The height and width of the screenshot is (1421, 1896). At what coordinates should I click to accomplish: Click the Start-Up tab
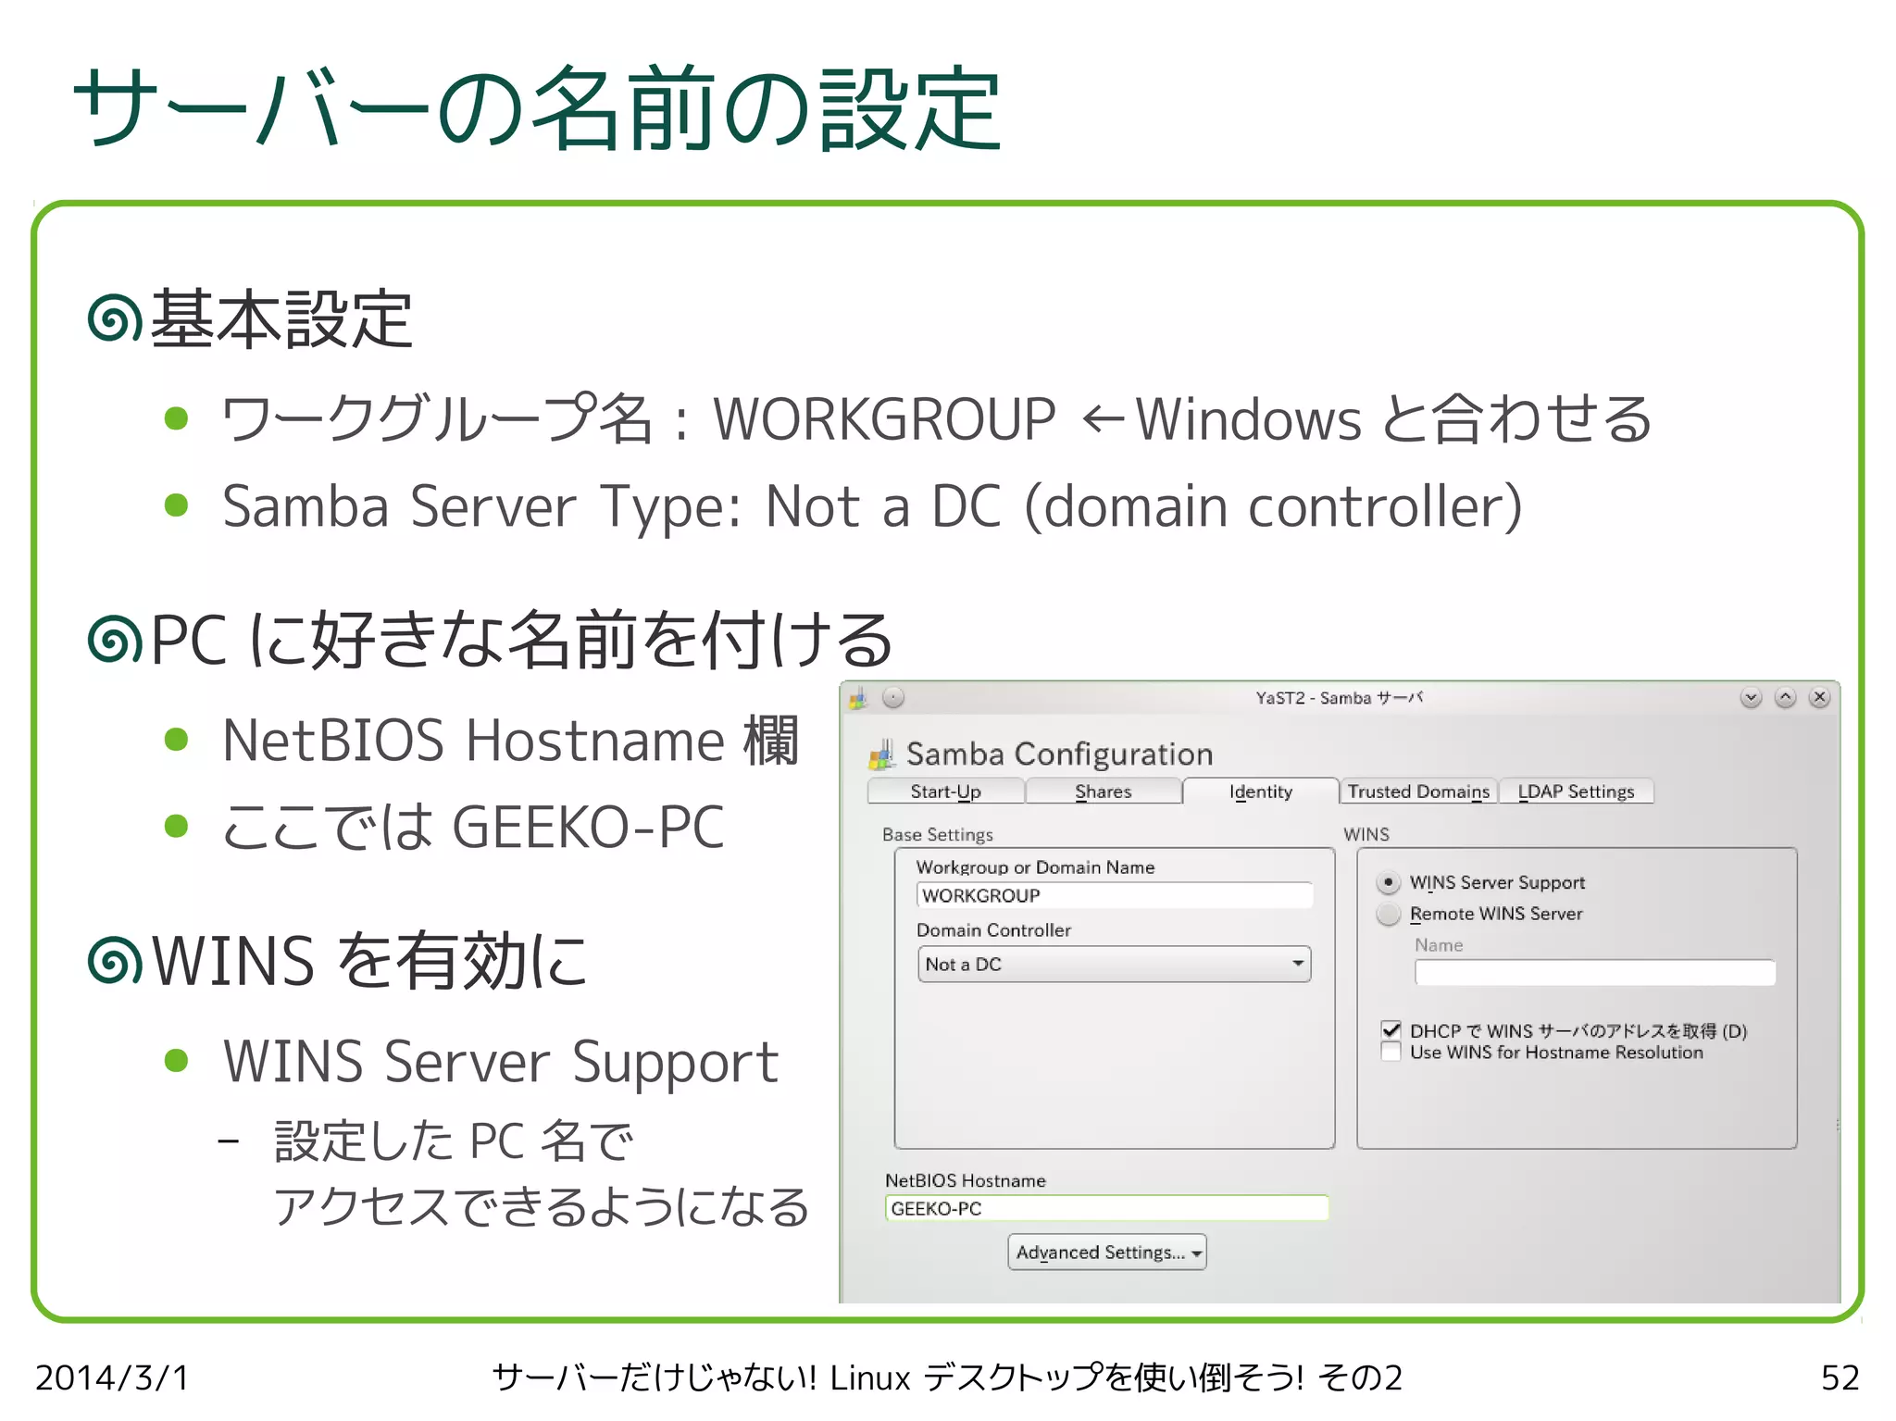[x=945, y=792]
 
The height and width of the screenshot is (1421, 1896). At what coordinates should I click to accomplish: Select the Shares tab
[x=1103, y=792]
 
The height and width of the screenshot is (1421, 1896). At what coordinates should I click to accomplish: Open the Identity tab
[x=1260, y=792]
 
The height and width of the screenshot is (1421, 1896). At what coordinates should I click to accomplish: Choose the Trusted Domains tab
[x=1418, y=792]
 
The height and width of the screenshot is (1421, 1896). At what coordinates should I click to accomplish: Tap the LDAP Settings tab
[x=1576, y=792]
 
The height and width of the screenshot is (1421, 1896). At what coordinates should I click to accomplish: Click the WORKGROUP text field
[x=1114, y=895]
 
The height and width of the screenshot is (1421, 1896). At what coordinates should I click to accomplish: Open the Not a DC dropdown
[x=1114, y=964]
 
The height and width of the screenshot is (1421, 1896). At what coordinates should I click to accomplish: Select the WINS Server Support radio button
[x=1388, y=882]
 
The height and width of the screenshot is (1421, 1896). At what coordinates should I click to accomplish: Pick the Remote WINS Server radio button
[x=1388, y=915]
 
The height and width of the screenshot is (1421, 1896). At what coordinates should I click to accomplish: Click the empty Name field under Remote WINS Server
[x=1594, y=973]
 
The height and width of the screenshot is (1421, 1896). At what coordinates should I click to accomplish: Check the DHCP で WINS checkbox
[x=1391, y=1030]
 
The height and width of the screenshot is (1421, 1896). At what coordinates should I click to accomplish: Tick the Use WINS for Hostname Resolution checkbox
[x=1391, y=1053]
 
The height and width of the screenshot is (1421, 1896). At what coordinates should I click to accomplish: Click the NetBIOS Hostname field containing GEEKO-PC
[x=1106, y=1208]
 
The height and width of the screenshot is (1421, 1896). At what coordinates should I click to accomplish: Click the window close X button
[x=1819, y=698]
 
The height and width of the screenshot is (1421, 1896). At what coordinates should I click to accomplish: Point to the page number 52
[x=1840, y=1377]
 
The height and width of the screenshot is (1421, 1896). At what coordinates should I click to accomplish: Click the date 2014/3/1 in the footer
[x=112, y=1377]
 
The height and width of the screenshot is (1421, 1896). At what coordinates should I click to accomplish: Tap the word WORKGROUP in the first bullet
[x=884, y=419]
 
